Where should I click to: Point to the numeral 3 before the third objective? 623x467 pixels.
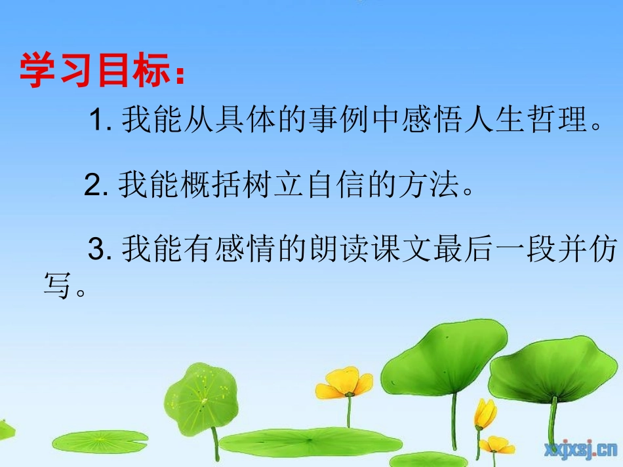pos(96,250)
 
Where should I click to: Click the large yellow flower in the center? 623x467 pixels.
pos(345,383)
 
